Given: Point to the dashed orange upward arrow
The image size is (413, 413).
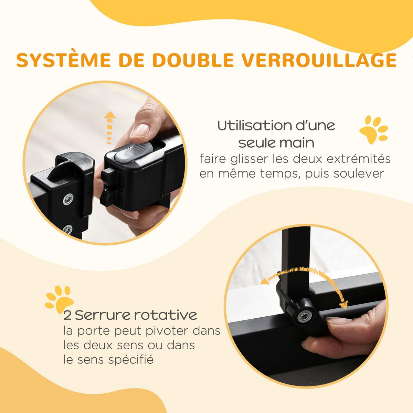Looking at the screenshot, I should pyautogui.click(x=109, y=128).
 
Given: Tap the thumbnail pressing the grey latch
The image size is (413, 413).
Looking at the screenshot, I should pyautogui.click(x=140, y=130).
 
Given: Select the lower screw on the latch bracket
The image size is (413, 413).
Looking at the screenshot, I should pyautogui.click(x=68, y=229).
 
